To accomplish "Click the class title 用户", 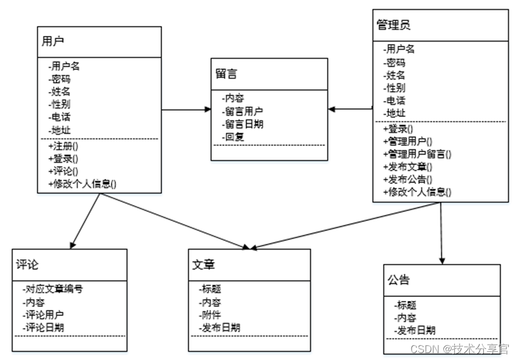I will pyautogui.click(x=53, y=41).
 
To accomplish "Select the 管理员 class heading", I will pyautogui.click(x=394, y=25).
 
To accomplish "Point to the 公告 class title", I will pyautogui.click(x=398, y=280).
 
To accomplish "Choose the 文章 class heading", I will pyautogui.click(x=204, y=265).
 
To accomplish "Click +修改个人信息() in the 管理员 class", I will pyautogui.click(x=417, y=192).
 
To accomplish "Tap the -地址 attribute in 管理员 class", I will pyautogui.click(x=395, y=113).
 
